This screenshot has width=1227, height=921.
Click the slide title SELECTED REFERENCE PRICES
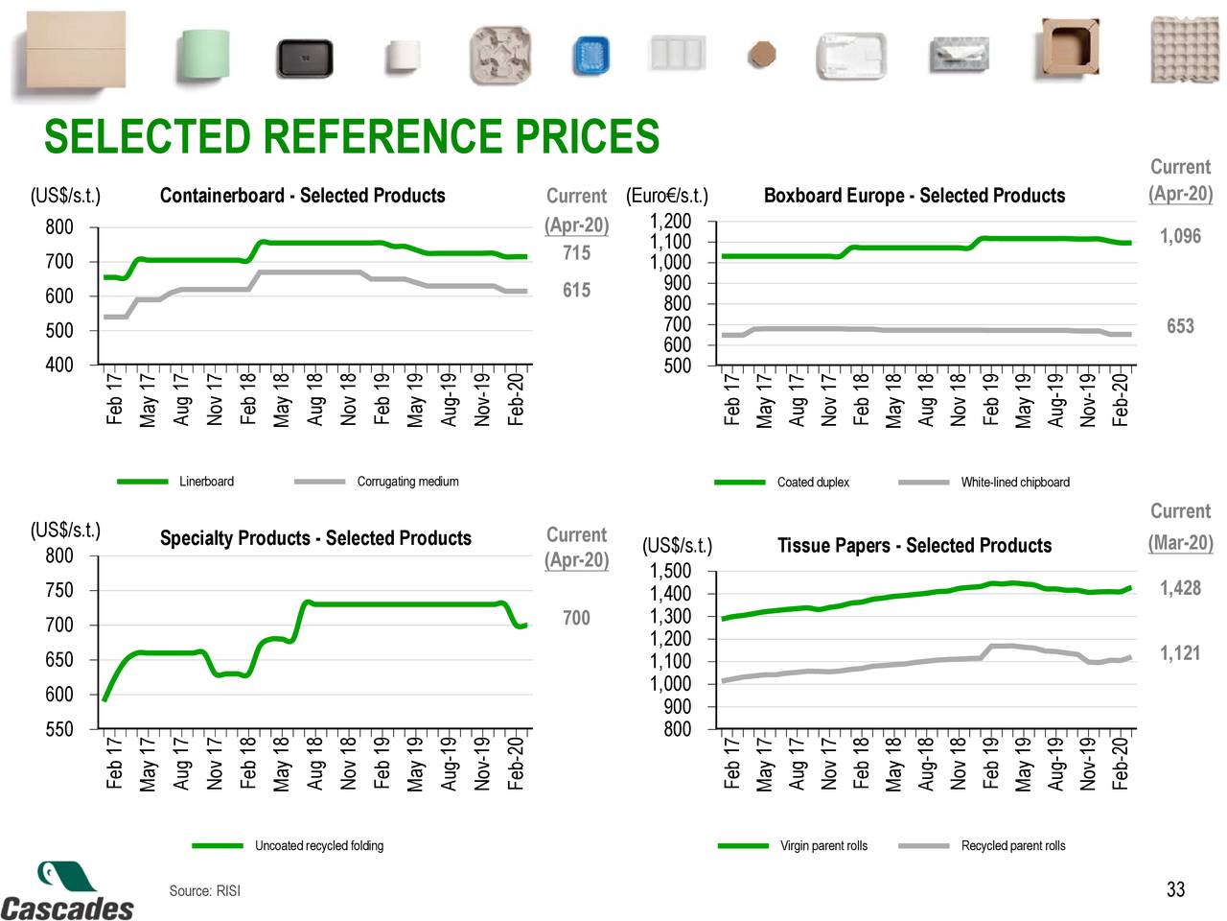(351, 137)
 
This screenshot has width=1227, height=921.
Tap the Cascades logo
(67, 892)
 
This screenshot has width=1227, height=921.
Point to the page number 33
(1175, 890)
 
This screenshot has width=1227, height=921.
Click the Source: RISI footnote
(204, 891)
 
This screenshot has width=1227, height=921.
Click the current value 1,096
(1180, 237)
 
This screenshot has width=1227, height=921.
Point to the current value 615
(576, 291)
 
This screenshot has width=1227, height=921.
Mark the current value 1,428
(1180, 589)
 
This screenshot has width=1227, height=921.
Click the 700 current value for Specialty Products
(576, 619)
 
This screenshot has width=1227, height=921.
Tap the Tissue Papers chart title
(914, 546)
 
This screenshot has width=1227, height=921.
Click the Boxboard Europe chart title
(914, 196)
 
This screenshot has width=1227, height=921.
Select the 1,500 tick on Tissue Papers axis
(670, 572)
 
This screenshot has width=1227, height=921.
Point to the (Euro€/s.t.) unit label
(666, 197)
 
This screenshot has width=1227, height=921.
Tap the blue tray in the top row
(591, 57)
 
